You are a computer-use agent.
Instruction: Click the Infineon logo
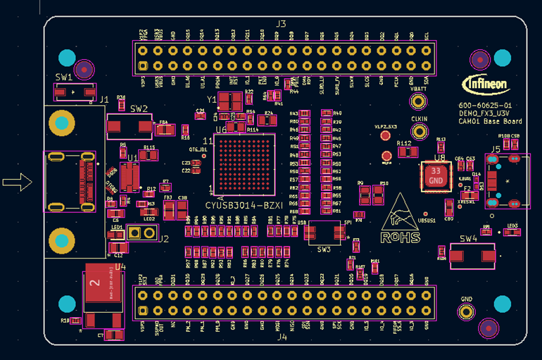(485, 84)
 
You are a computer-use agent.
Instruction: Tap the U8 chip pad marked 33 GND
(436, 176)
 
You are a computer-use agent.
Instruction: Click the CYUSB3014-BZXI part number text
(244, 205)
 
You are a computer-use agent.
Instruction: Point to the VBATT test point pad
(419, 101)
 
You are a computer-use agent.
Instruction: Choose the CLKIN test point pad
(419, 130)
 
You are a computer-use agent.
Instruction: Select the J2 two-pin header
(141, 233)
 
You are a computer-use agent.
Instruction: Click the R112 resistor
(404, 151)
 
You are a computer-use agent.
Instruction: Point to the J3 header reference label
(281, 24)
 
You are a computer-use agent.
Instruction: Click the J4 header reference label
(282, 337)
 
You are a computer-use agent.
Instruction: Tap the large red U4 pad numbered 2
(103, 283)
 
